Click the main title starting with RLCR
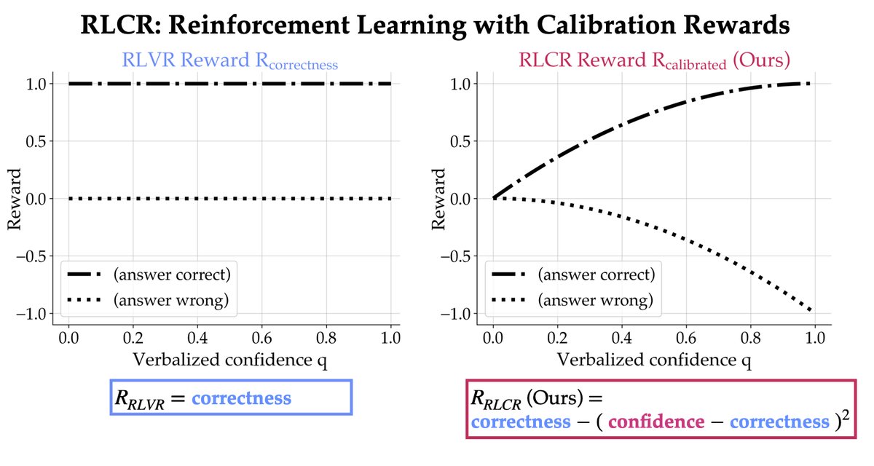click(x=436, y=27)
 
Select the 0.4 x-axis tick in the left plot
click(x=197, y=339)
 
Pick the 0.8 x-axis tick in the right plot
click(x=750, y=339)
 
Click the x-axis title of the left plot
click(x=230, y=361)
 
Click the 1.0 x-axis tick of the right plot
click(x=814, y=339)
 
